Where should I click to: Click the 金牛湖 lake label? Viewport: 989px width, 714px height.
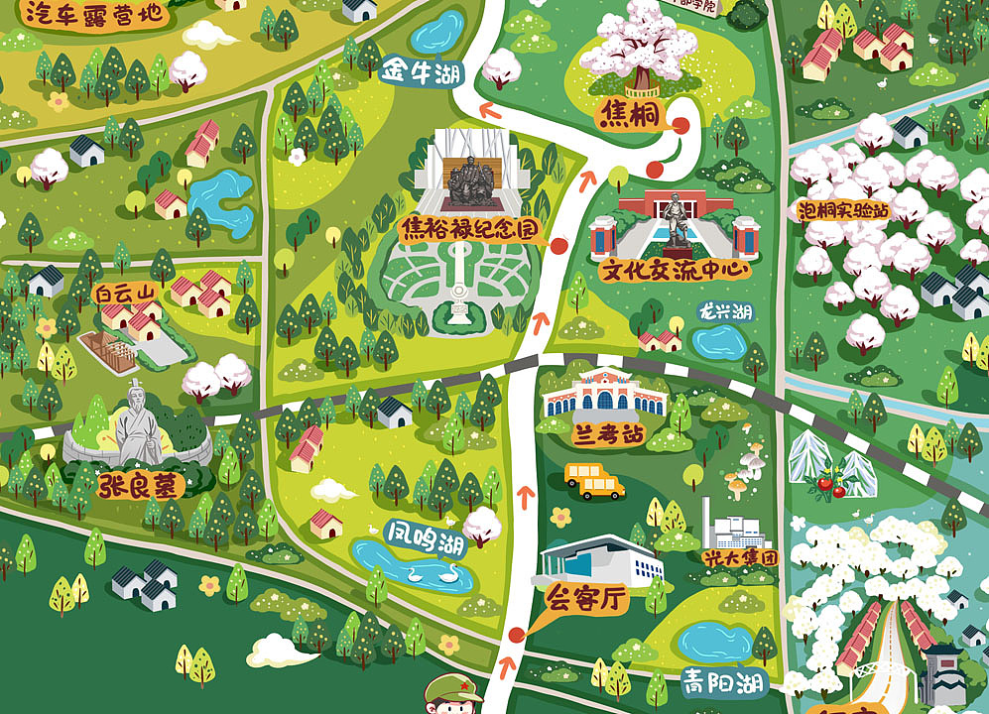tap(423, 71)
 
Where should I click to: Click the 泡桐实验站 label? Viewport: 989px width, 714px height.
tap(842, 210)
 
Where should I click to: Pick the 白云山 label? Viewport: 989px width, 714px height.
tap(125, 294)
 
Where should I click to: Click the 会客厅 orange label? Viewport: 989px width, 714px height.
tap(588, 598)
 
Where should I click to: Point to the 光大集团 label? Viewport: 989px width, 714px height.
tap(740, 558)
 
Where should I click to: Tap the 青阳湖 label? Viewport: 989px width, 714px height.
tap(721, 681)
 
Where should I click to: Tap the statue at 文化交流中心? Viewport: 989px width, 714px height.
tap(677, 221)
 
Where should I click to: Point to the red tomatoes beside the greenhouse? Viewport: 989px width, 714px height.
tap(825, 485)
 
